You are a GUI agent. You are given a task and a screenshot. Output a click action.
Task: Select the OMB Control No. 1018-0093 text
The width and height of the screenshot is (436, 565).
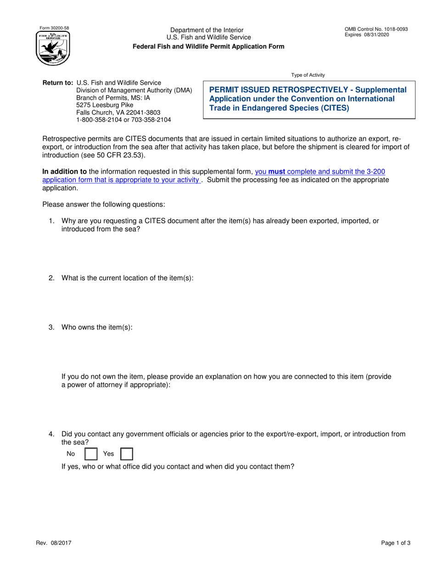point(376,29)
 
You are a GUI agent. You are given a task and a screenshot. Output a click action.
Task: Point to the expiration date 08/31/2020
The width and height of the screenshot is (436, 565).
point(378,35)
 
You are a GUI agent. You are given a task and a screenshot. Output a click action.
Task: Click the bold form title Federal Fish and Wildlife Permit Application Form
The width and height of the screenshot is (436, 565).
point(208,46)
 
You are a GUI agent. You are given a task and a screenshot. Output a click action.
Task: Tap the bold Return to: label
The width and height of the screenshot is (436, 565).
point(58,83)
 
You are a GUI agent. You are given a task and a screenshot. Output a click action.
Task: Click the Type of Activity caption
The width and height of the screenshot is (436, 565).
point(308,75)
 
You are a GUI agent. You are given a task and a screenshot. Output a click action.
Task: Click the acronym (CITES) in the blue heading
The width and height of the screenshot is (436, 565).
point(332,108)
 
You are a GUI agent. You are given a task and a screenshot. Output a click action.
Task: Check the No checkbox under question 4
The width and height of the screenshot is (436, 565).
point(91,454)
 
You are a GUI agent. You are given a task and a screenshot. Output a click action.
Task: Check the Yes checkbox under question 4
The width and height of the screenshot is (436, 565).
point(126,454)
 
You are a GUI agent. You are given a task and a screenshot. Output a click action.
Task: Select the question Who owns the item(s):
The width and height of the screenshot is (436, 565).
point(97,328)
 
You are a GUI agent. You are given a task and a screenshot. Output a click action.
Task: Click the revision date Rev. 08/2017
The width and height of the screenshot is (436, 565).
point(54,542)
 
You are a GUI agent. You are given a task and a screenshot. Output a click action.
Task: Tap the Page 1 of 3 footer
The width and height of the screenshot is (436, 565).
point(396,542)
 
